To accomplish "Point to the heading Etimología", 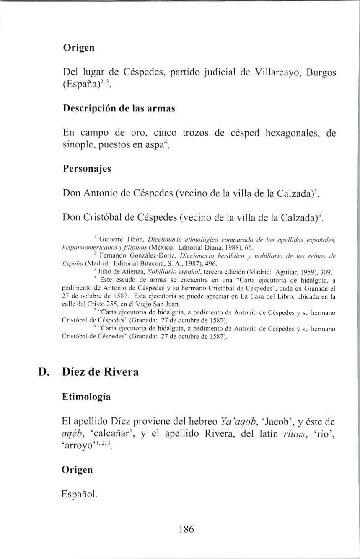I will [x=86, y=397].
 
